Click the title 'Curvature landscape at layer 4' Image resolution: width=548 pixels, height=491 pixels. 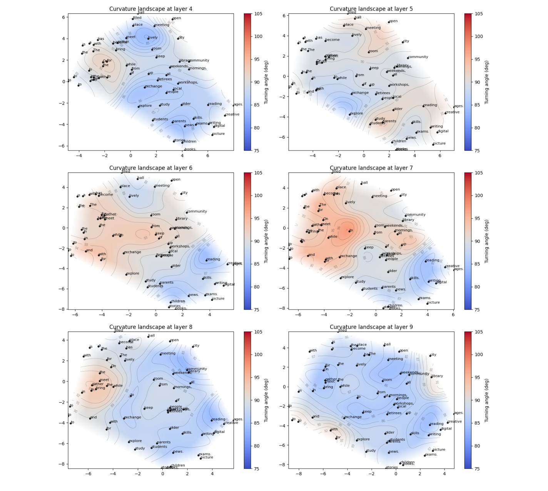coord(150,9)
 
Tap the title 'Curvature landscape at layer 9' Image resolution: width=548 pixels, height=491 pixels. coord(371,327)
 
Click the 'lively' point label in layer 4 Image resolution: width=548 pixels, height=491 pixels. coord(153,38)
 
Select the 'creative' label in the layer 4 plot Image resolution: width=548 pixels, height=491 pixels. coord(232,114)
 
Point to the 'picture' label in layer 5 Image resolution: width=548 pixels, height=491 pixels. coord(439,143)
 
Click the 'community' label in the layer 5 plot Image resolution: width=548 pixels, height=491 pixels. coord(418,57)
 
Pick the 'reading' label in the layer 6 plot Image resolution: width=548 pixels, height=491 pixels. coord(214,259)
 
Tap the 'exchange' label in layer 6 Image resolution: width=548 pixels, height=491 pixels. coord(132,252)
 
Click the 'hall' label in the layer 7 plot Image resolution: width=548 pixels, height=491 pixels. coord(364,182)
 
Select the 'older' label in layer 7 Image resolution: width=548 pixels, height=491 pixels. coord(393,270)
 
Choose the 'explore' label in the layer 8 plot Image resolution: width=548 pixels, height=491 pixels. coord(135,441)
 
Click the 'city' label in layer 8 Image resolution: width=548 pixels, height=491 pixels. coord(196,345)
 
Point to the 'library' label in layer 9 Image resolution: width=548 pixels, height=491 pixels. coord(437,376)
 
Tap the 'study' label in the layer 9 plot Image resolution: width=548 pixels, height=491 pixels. coord(371,450)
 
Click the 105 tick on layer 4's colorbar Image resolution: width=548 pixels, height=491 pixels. coord(258,14)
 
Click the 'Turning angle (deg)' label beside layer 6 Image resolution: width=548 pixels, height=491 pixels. coord(266,241)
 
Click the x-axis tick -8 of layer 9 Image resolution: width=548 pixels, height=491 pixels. coord(299,474)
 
